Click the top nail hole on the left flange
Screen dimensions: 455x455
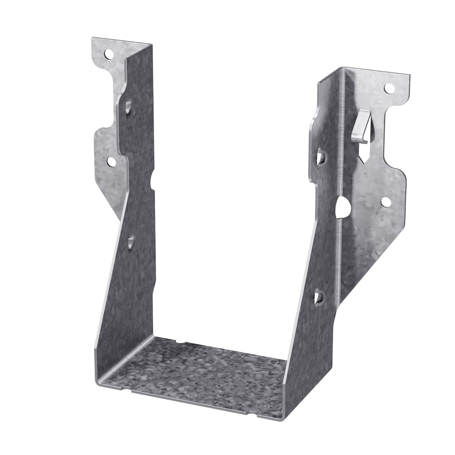(109, 54)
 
